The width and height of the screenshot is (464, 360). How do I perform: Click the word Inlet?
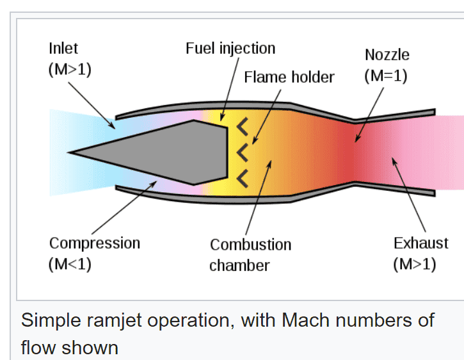63,49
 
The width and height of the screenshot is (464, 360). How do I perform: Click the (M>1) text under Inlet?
70,70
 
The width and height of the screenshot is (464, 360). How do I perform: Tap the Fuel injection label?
230,49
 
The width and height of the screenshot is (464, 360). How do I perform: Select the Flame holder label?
289,78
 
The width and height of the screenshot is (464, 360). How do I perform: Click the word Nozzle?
387,54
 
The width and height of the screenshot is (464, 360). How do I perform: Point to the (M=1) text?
386,76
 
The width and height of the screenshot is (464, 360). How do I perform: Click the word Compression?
94,243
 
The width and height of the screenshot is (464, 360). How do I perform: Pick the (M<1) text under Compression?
70,265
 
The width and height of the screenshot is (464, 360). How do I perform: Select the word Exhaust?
420,243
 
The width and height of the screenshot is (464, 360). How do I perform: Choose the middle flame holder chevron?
242,152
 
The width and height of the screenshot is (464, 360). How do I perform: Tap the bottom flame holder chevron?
242,177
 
